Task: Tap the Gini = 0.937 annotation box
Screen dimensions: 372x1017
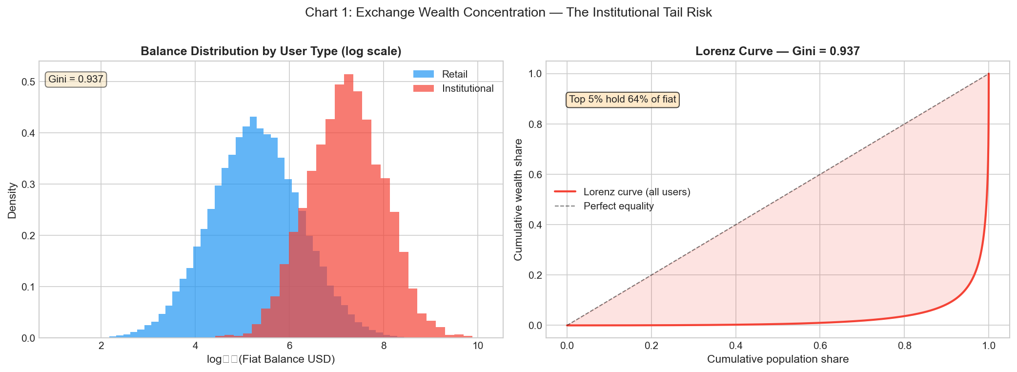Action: coord(76,79)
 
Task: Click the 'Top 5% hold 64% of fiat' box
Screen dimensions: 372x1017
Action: coord(622,100)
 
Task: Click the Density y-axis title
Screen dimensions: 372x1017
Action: coord(12,200)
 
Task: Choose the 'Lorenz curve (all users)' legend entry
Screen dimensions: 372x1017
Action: coord(636,192)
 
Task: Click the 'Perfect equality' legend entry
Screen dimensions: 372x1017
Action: coord(618,206)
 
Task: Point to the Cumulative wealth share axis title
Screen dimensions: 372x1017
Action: coord(518,200)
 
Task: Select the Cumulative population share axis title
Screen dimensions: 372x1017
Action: coord(777,360)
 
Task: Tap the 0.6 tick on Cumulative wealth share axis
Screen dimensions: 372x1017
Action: coord(535,175)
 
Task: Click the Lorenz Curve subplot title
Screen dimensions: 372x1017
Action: coord(777,51)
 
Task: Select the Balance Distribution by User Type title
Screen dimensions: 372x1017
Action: coord(271,51)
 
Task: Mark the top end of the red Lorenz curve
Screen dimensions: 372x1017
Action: coord(989,75)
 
